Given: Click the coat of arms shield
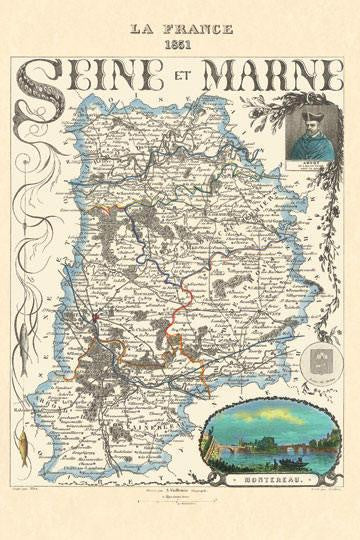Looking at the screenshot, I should click(315, 357).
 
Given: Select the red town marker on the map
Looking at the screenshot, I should click(92, 317).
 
